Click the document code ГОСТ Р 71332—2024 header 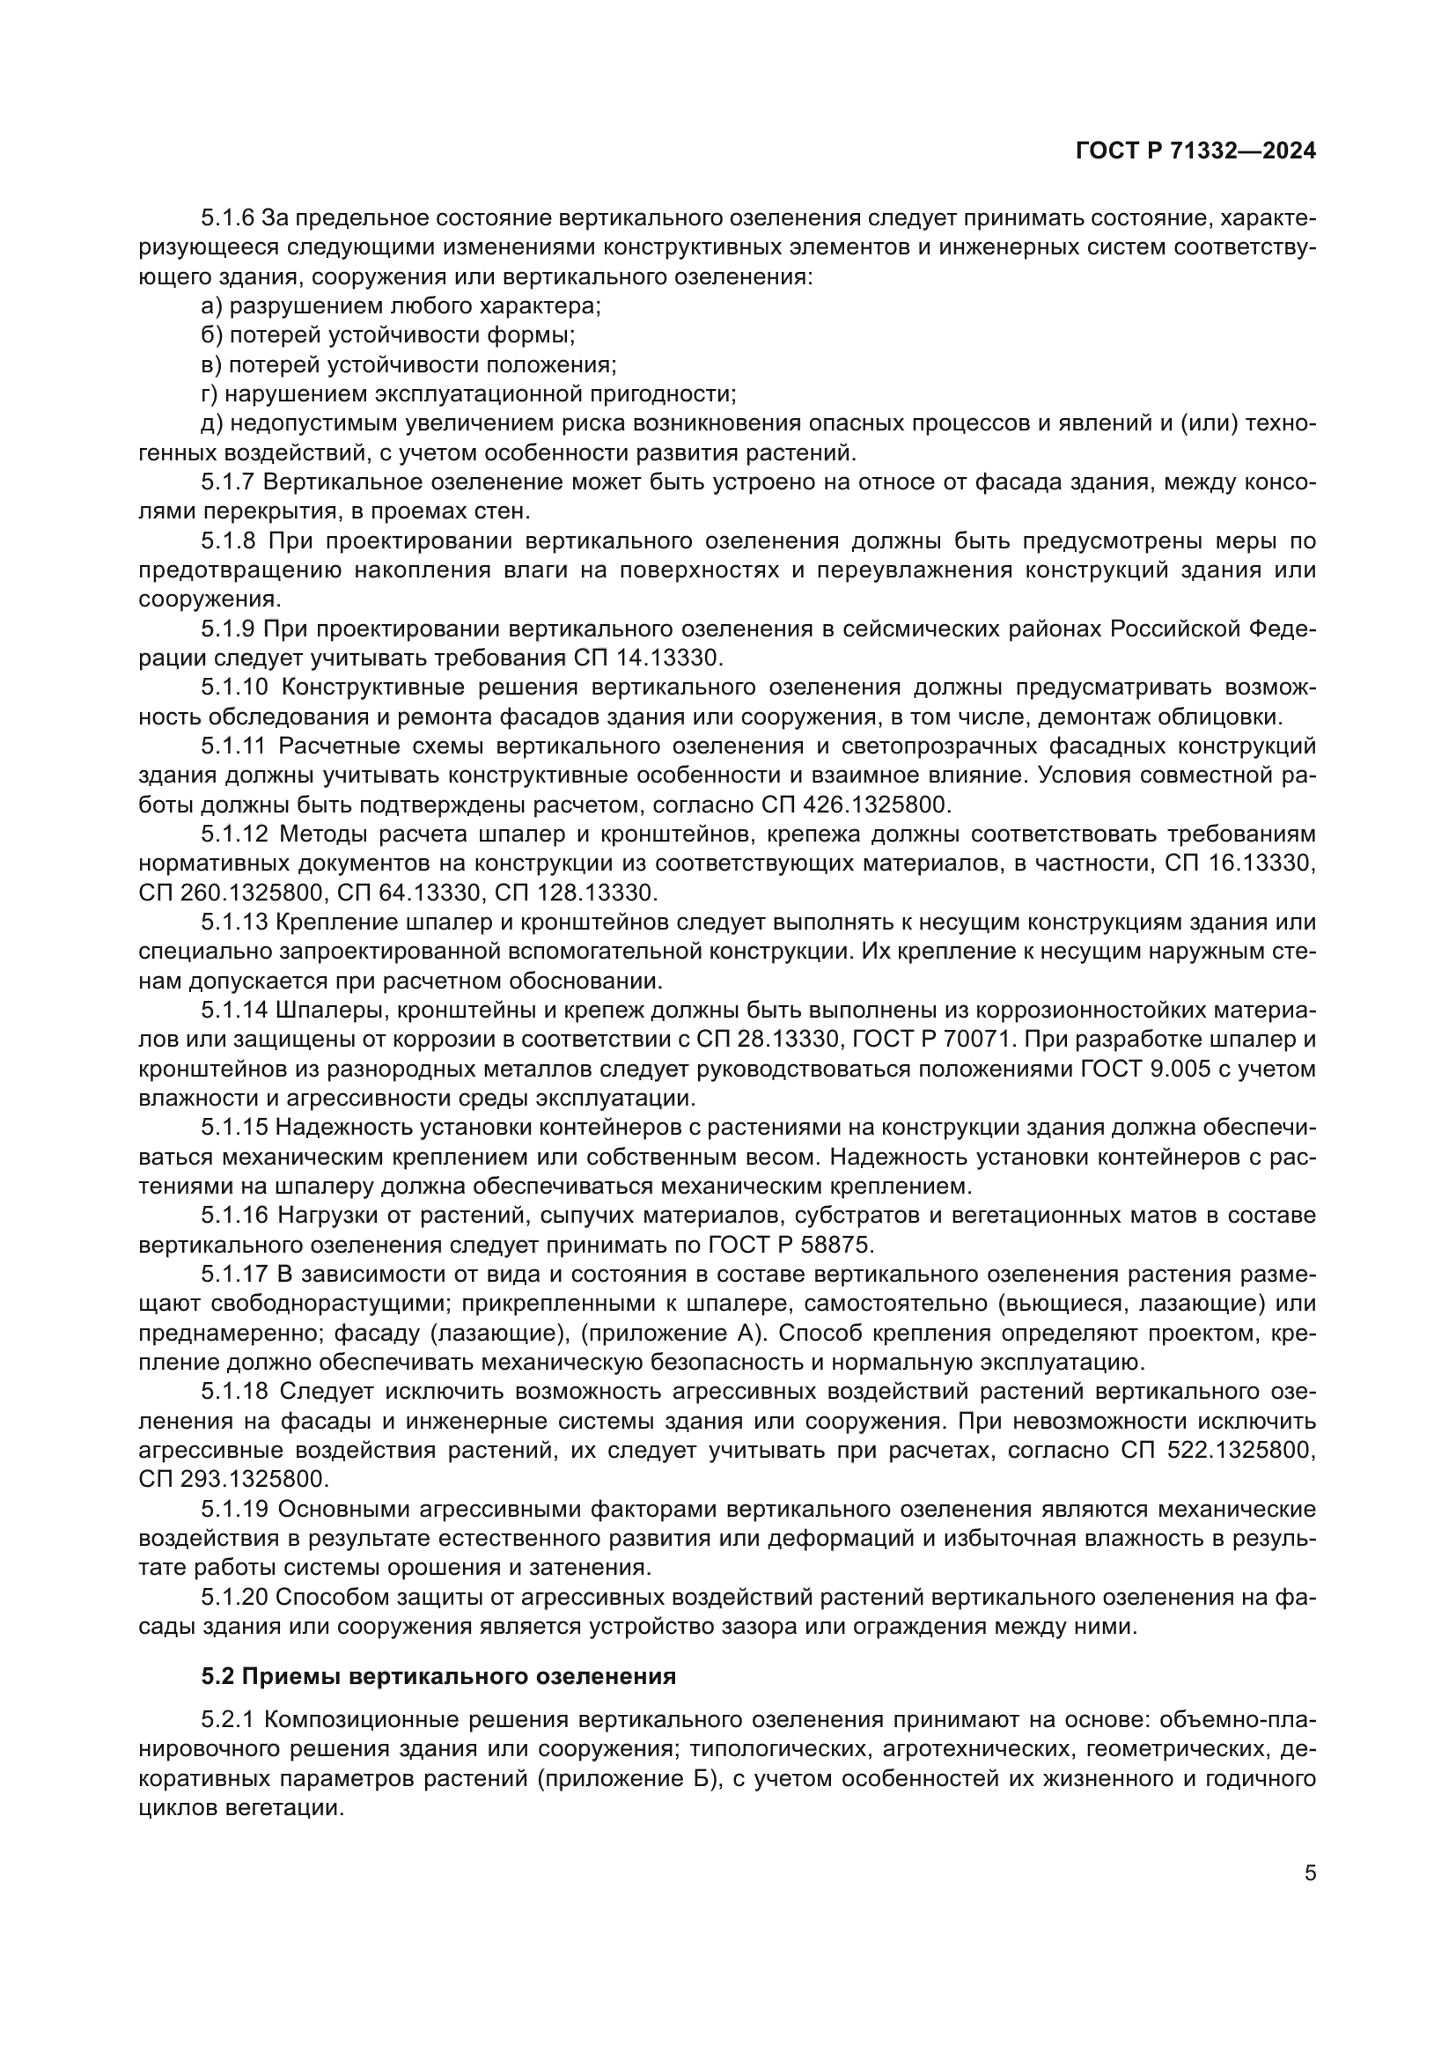click(1195, 151)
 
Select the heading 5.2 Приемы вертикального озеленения click(438, 1676)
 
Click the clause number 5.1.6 click(229, 218)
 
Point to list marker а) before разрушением click(212, 305)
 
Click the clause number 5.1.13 click(234, 922)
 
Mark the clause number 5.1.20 click(234, 1596)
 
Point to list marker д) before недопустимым click(212, 423)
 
